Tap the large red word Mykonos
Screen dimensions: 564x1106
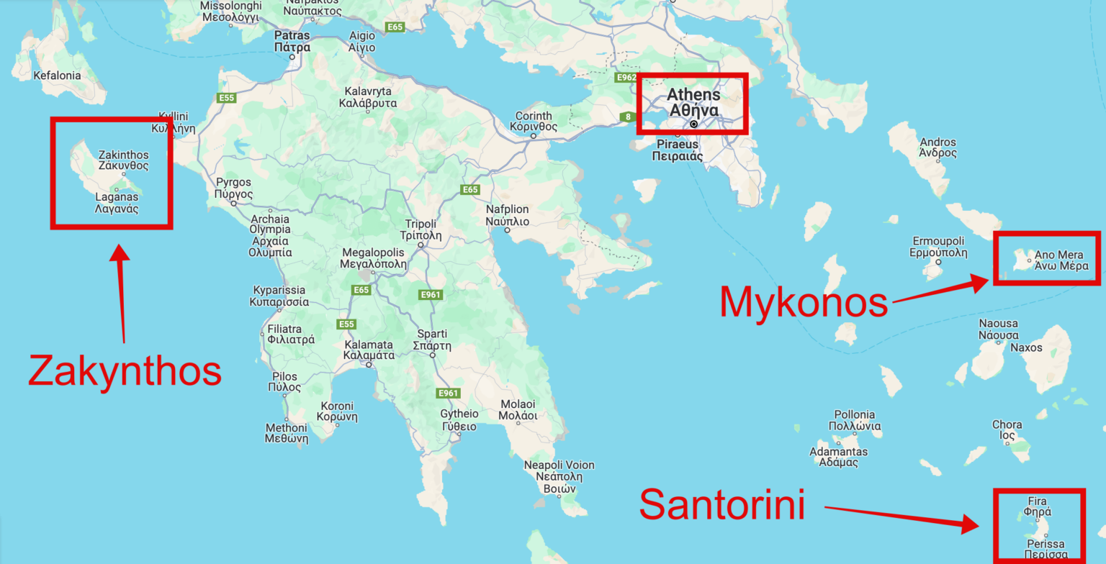point(804,303)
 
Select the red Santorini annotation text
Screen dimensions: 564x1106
point(722,504)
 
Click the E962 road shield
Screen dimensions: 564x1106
point(626,76)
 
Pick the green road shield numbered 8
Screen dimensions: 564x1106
point(627,117)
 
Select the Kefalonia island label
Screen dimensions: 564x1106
point(58,75)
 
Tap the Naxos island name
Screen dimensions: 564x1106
point(1026,348)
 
